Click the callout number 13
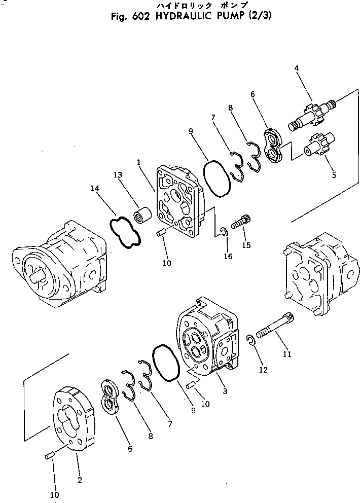click(x=118, y=175)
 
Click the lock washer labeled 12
click(x=251, y=341)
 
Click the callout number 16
click(x=228, y=257)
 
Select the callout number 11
click(x=287, y=354)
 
